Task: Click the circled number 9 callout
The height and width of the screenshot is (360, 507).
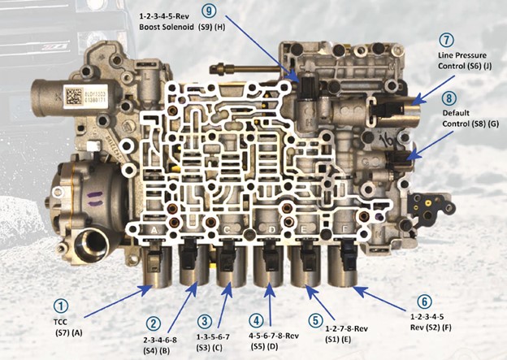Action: pyautogui.click(x=209, y=11)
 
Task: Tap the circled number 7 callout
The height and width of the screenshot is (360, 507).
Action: pyautogui.click(x=447, y=40)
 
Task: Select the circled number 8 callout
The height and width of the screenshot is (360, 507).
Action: pyautogui.click(x=448, y=98)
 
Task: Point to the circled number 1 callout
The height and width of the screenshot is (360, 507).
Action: pyautogui.click(x=61, y=306)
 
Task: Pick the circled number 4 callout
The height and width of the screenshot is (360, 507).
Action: pyautogui.click(x=256, y=320)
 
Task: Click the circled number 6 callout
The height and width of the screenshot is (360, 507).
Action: pyautogui.click(x=424, y=301)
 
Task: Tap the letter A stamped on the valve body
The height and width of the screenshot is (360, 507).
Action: pyautogui.click(x=154, y=230)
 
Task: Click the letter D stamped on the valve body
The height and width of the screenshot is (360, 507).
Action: pyautogui.click(x=272, y=230)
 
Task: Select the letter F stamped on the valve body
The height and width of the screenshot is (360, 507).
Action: pyautogui.click(x=344, y=229)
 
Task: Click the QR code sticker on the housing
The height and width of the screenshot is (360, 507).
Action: pyautogui.click(x=74, y=97)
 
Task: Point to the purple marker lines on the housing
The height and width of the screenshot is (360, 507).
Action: pyautogui.click(x=96, y=198)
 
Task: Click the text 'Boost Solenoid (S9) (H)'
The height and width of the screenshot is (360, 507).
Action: pyautogui.click(x=182, y=27)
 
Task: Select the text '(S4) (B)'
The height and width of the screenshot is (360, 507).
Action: pyautogui.click(x=156, y=350)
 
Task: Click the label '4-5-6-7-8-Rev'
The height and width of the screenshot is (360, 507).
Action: pyautogui.click(x=274, y=336)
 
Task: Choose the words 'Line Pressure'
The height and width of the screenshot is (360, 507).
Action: pyautogui.click(x=462, y=55)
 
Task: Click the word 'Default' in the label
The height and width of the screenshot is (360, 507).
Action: pyautogui.click(x=456, y=113)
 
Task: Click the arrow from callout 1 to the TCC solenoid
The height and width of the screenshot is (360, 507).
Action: pyautogui.click(x=119, y=301)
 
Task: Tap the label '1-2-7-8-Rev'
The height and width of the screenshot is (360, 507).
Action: pyautogui.click(x=347, y=329)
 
